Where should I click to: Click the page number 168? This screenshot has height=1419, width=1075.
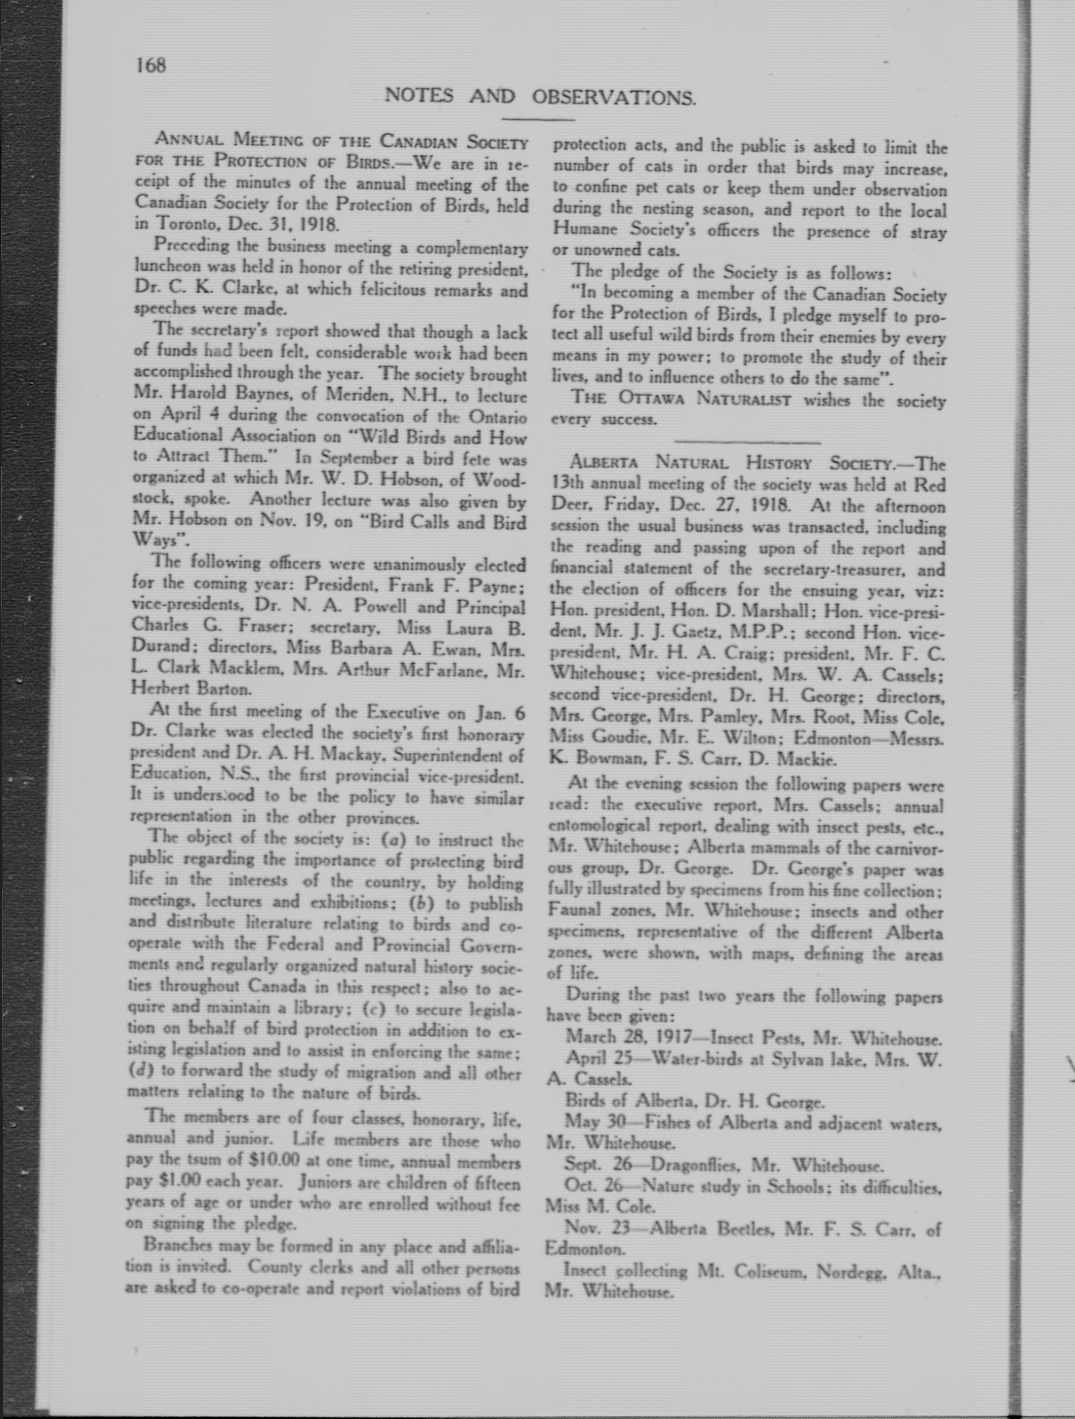click(x=151, y=66)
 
